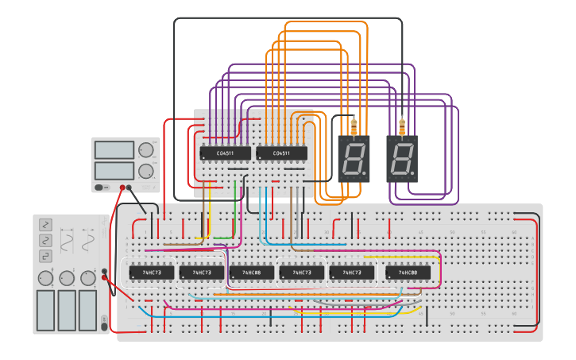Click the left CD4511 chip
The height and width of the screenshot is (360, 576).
click(x=225, y=153)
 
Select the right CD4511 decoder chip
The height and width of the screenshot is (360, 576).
click(x=281, y=153)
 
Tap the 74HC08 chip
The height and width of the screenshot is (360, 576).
click(x=251, y=273)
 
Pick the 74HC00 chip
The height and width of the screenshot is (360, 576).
click(x=408, y=273)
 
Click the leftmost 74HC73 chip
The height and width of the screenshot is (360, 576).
click(x=151, y=273)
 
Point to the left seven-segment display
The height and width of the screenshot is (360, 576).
click(x=354, y=158)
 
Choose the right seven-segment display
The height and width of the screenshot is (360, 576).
click(x=402, y=158)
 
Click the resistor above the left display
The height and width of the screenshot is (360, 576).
click(x=354, y=126)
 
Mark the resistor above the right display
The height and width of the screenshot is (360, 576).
click(x=402, y=126)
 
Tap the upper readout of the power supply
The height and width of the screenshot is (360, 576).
click(x=114, y=150)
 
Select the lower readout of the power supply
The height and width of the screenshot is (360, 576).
click(x=114, y=170)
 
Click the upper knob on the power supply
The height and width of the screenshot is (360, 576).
click(x=146, y=150)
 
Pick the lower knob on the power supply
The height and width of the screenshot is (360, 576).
click(x=146, y=171)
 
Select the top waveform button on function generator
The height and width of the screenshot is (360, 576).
click(x=45, y=225)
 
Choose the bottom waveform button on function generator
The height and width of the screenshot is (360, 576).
click(x=45, y=255)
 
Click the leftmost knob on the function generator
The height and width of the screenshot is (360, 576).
click(x=45, y=278)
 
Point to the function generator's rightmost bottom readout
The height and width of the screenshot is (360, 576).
click(x=88, y=310)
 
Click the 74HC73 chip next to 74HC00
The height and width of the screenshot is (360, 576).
click(x=351, y=273)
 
